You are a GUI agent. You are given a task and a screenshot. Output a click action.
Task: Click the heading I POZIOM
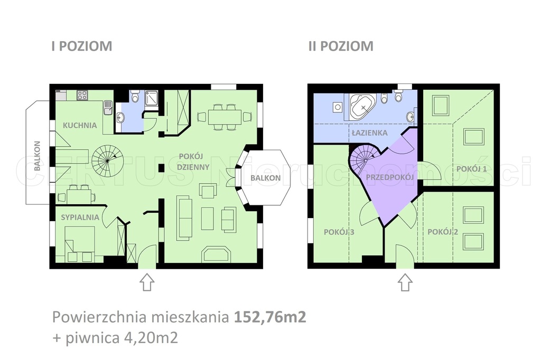point(81,46)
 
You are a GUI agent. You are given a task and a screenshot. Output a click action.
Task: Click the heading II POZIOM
point(341,46)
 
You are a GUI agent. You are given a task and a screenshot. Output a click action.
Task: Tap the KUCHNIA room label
point(80,126)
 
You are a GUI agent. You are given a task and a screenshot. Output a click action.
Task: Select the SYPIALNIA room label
point(80,216)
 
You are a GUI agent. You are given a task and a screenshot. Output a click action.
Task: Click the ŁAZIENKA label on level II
point(370,134)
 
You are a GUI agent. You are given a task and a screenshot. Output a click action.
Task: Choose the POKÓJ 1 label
point(471,168)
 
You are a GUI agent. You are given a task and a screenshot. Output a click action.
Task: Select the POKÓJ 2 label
point(443,231)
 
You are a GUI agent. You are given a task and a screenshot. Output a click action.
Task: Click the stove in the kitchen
point(82,96)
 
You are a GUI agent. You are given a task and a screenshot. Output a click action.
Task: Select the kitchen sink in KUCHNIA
point(108,107)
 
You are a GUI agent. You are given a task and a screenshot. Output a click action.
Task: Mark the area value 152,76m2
point(269,318)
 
